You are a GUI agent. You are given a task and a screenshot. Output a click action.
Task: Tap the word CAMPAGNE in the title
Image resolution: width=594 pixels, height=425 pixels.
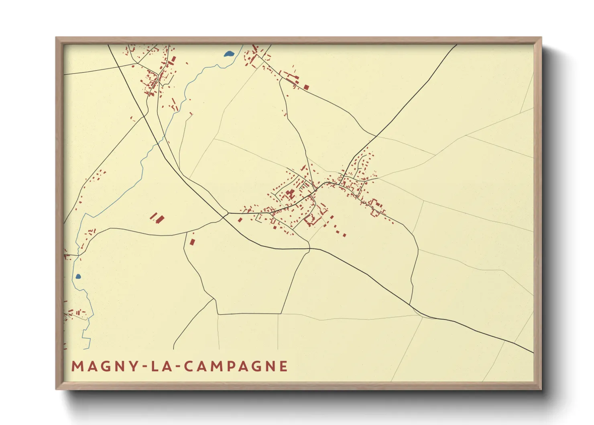pyautogui.click(x=232, y=366)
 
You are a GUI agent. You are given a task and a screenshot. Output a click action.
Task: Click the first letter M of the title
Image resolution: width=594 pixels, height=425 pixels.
pyautogui.click(x=77, y=366)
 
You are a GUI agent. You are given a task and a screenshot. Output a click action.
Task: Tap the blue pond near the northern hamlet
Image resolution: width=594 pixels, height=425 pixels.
pyautogui.click(x=229, y=53)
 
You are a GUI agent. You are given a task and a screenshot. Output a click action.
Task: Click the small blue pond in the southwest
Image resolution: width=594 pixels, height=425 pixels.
pyautogui.click(x=78, y=276)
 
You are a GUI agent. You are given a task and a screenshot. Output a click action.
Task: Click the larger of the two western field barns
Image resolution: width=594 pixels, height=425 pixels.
pyautogui.click(x=160, y=219)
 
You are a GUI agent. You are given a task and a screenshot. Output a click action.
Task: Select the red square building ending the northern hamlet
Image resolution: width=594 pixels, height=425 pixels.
pyautogui.click(x=306, y=87)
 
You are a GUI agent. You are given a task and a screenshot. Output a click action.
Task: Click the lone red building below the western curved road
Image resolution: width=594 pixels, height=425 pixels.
pyautogui.click(x=192, y=241)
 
